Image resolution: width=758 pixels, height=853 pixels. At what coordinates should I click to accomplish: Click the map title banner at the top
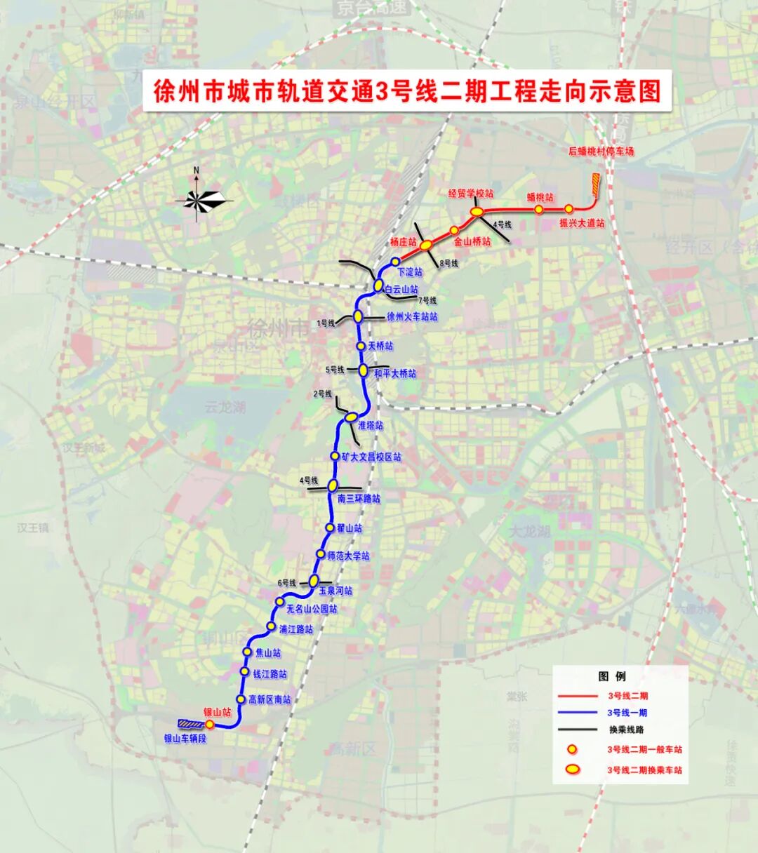point(407,91)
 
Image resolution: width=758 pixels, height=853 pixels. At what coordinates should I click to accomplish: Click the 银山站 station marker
point(209,724)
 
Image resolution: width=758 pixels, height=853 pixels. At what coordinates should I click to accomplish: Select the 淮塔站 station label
point(371,426)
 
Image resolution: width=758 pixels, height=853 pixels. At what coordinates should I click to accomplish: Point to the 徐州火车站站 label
point(412,317)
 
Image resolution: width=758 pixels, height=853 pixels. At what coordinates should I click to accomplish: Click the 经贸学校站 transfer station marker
point(477,210)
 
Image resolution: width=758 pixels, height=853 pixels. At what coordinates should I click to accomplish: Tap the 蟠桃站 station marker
point(538,209)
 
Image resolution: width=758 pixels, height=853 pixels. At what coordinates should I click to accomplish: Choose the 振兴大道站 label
point(582,223)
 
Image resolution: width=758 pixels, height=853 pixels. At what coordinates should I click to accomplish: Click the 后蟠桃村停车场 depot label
point(601,152)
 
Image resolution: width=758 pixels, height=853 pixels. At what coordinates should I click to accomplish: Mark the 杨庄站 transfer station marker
point(426,245)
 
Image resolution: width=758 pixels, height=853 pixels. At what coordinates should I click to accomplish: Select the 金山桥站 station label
point(472,241)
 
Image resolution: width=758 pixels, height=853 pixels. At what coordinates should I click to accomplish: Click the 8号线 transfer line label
point(448,264)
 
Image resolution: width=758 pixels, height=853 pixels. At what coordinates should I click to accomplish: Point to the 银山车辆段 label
point(185,739)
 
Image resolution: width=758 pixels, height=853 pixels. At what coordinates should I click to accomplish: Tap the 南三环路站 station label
point(359,499)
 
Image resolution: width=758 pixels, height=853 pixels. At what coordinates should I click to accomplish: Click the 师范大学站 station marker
point(321,554)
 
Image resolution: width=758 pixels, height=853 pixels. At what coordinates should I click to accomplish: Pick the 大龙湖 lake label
point(530,531)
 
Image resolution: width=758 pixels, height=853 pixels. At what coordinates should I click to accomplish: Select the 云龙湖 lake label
point(225,407)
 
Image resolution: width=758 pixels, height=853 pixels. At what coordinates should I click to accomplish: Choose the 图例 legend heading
point(612,676)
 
